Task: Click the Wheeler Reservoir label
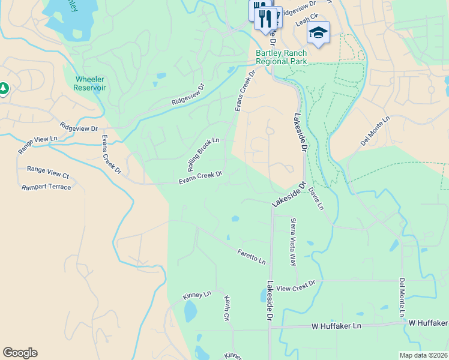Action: [90, 83]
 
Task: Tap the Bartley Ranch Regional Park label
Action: [281, 57]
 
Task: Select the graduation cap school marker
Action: [318, 34]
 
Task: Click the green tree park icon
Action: [4, 89]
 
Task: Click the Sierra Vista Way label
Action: [294, 242]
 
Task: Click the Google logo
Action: [20, 353]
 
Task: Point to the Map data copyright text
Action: [423, 355]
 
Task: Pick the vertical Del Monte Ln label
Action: [402, 298]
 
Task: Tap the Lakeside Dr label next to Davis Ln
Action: [285, 196]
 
